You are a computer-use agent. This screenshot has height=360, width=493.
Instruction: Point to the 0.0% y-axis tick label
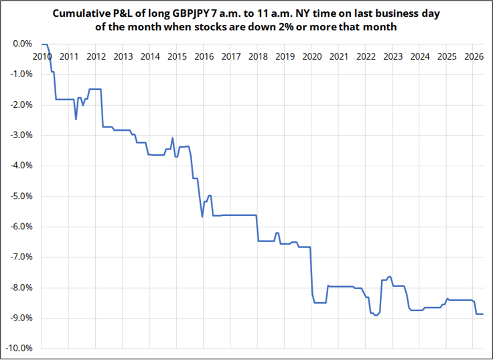23,44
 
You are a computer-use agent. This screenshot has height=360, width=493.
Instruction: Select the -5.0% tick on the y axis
21,196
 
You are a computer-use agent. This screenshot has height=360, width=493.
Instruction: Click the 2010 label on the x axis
42,56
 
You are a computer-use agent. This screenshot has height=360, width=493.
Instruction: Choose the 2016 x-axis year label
204,56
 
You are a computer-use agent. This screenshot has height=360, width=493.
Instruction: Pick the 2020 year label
311,56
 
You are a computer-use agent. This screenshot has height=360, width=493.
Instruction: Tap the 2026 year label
474,56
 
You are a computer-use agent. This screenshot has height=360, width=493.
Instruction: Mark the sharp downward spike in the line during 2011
76,119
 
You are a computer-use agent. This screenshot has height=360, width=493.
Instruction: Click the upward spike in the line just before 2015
173,138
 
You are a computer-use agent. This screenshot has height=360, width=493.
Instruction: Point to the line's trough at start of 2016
202,217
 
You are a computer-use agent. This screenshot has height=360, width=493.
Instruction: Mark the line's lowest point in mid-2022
376,315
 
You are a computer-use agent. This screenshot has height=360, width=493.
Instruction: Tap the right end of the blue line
483,314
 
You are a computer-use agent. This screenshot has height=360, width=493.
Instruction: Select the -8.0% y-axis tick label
21,288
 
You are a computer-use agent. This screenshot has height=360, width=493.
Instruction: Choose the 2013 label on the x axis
123,56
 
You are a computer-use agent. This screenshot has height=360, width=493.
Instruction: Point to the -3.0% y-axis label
21,135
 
